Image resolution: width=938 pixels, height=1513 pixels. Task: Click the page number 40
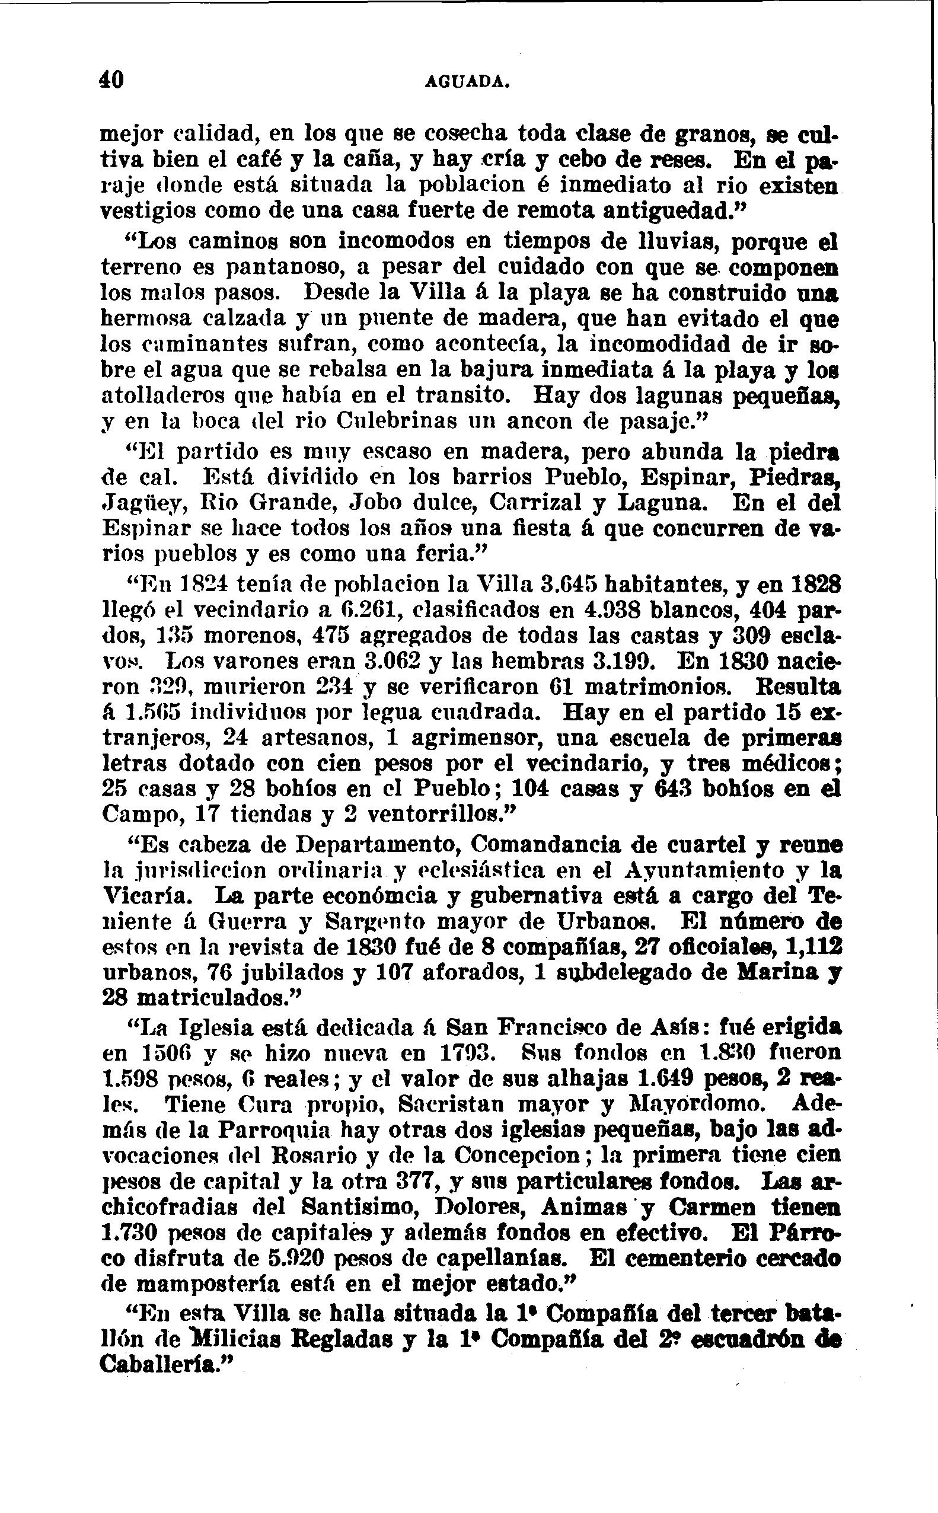(x=112, y=80)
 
